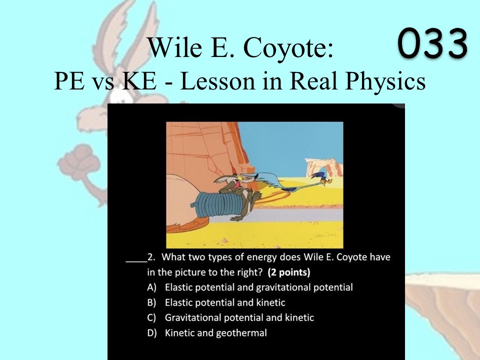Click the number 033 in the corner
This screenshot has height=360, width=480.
point(432,43)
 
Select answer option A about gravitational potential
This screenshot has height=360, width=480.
point(250,287)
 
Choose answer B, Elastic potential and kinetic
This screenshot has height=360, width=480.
point(216,302)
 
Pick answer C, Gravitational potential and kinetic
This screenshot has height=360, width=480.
point(230,318)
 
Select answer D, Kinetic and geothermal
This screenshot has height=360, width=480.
point(207,333)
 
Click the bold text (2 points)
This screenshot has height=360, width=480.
point(288,272)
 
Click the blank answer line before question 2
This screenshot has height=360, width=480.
point(136,261)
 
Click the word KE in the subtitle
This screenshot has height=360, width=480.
point(139,81)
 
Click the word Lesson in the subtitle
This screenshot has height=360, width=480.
point(217,81)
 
